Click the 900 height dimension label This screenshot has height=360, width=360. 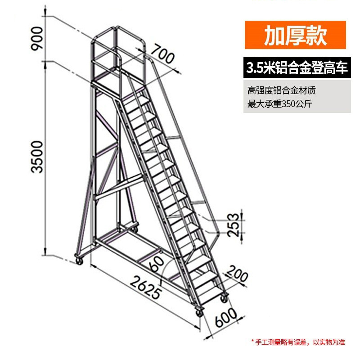click(37, 38)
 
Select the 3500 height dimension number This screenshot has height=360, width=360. click(37, 157)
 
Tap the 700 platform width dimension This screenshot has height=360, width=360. click(162, 54)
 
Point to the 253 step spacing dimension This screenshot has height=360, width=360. click(233, 224)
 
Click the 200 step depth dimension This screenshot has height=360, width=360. click(237, 274)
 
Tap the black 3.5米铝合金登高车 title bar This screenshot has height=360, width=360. click(297, 68)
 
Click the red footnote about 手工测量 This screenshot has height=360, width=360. click(297, 342)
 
